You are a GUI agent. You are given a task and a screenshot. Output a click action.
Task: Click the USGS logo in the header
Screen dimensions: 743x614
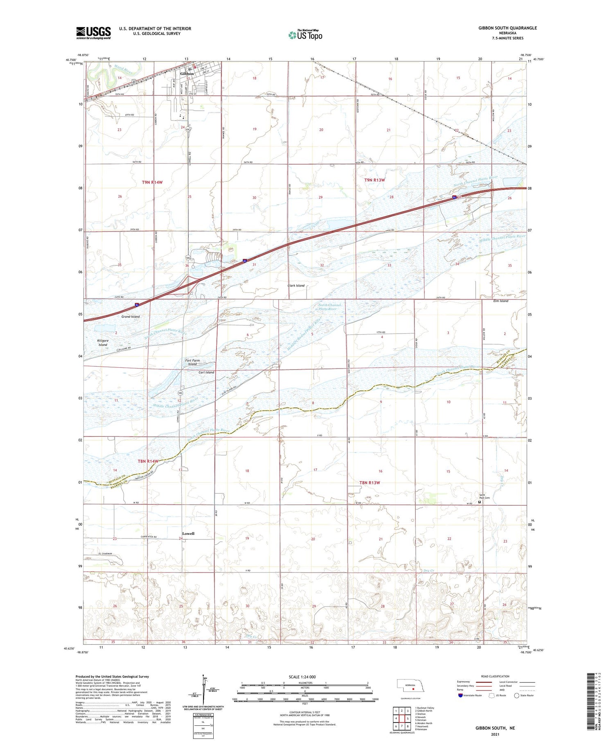[x=93, y=33]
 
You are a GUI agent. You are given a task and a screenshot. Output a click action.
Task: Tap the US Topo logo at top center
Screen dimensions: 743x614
[x=305, y=35]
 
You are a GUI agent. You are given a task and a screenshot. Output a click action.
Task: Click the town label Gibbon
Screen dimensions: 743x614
[x=187, y=74]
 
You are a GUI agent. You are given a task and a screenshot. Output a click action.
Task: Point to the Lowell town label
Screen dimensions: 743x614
[x=188, y=534]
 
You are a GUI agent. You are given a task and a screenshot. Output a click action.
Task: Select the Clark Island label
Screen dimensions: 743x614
[x=296, y=286]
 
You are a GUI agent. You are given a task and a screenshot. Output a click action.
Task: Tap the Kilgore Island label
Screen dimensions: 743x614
[x=103, y=342]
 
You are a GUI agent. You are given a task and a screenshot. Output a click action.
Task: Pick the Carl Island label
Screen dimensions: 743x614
[x=206, y=373]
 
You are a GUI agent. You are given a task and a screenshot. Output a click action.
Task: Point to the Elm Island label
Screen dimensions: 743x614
[x=501, y=301]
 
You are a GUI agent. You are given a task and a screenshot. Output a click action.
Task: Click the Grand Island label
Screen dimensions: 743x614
[x=130, y=316]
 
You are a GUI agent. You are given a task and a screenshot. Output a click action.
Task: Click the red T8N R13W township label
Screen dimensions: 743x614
[x=370, y=482]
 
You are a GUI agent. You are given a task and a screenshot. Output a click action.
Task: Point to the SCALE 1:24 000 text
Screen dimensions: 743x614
[x=302, y=677]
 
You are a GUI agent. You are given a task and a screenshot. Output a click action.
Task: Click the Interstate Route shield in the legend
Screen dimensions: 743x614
[x=460, y=695]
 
